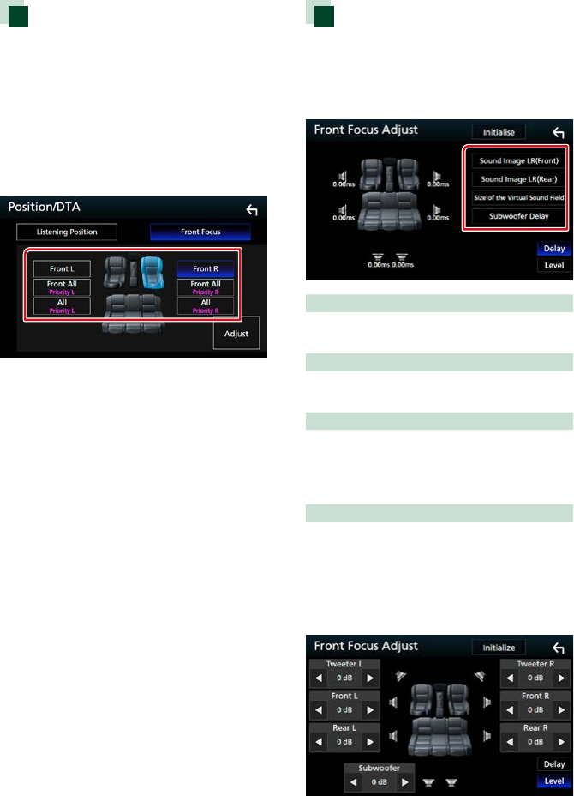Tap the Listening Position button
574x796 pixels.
coord(67,232)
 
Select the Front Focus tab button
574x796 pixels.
coord(200,232)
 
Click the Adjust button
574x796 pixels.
coord(236,334)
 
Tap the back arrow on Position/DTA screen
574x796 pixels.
coord(251,209)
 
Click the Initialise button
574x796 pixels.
coord(498,133)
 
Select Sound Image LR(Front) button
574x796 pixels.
coord(519,160)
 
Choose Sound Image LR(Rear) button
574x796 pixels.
coord(519,179)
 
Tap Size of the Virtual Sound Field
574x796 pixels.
coord(519,197)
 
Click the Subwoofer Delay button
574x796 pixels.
coord(519,216)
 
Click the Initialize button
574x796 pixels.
coord(498,648)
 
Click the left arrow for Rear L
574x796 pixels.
coord(317,741)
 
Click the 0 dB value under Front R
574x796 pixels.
coord(535,710)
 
